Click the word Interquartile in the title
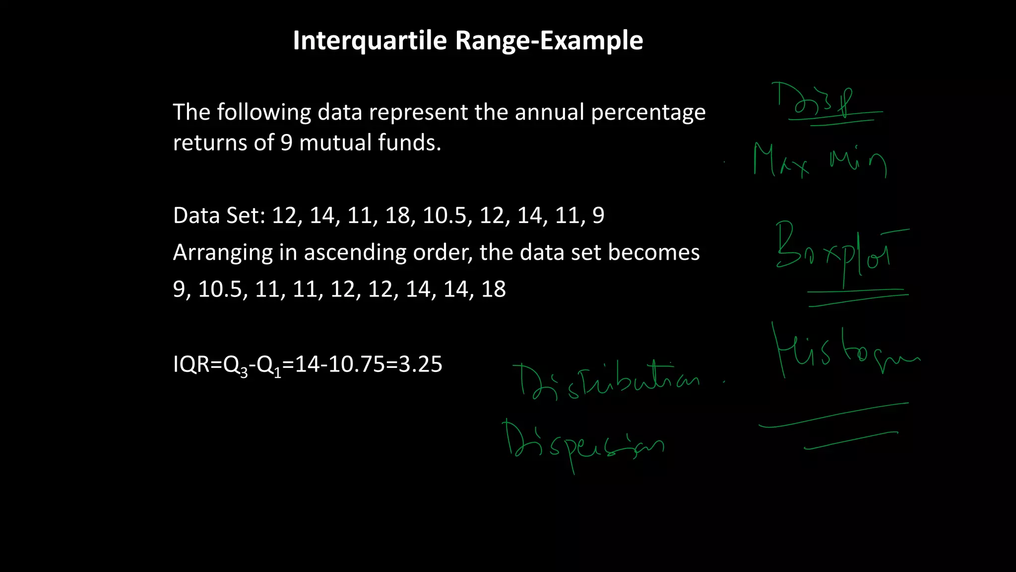pyautogui.click(x=370, y=41)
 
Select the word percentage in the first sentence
pyautogui.click(x=648, y=113)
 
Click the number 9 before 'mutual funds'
pyautogui.click(x=286, y=143)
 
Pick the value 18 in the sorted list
pyautogui.click(x=493, y=289)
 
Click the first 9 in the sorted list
pyautogui.click(x=179, y=289)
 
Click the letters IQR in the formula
pyautogui.click(x=191, y=364)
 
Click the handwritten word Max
pyautogui.click(x=780, y=160)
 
